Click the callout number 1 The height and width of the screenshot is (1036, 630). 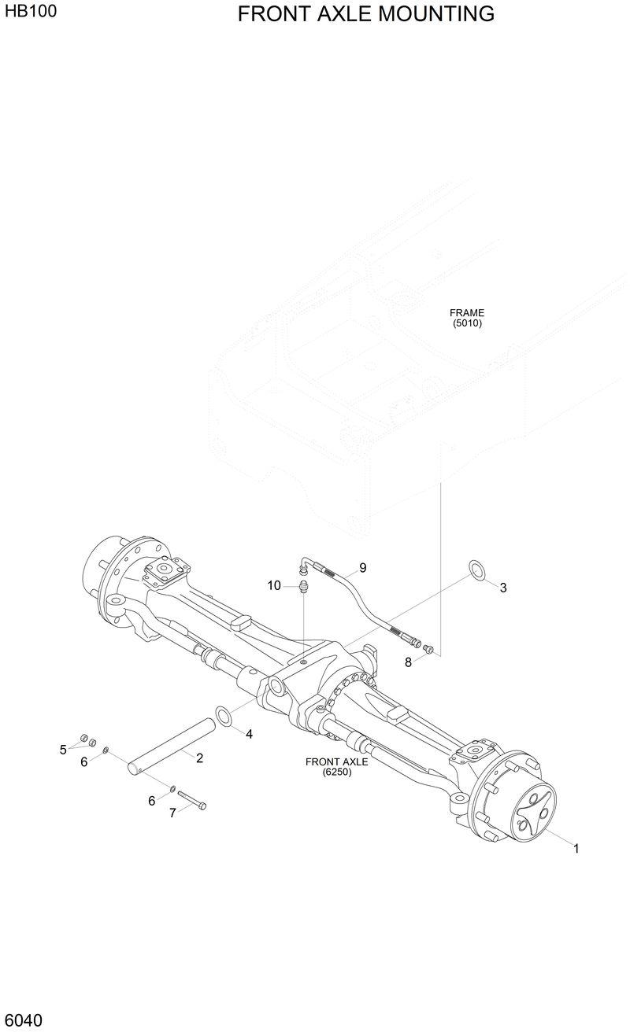click(576, 849)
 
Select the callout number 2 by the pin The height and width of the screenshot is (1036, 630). click(199, 758)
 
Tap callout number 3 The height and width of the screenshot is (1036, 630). click(503, 588)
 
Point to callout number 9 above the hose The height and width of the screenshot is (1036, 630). click(362, 567)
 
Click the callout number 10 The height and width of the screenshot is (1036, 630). click(274, 585)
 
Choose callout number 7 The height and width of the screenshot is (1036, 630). click(172, 813)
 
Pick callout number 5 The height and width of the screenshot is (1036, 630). click(63, 750)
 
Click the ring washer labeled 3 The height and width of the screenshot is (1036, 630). click(476, 570)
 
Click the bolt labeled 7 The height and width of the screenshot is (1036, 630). click(191, 799)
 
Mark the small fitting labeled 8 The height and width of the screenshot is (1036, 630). click(428, 648)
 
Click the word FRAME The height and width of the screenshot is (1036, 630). click(467, 312)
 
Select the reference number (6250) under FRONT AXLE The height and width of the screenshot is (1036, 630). click(336, 772)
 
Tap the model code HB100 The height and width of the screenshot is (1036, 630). click(31, 12)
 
